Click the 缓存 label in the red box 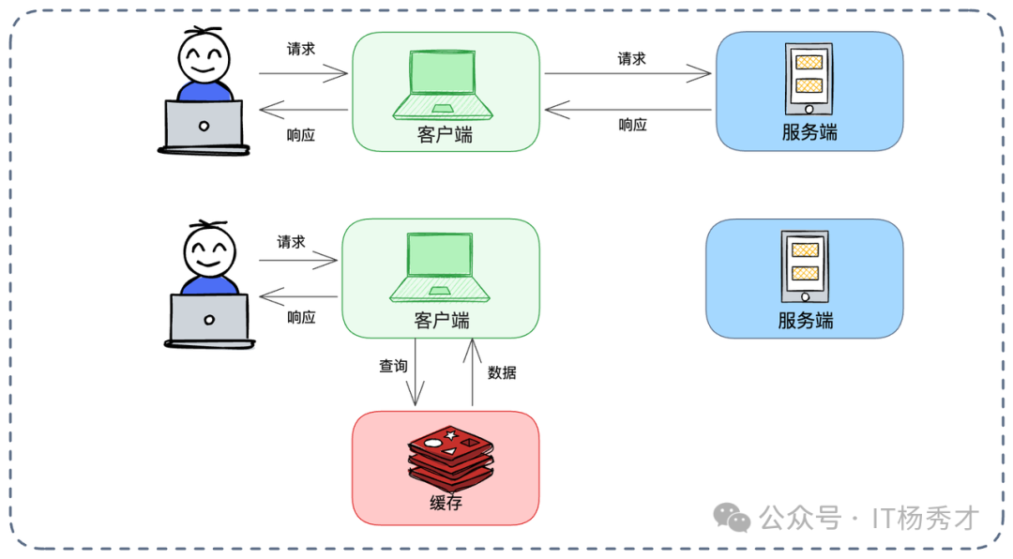(446, 504)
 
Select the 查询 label (393, 366)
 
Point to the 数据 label (502, 372)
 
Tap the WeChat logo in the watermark (732, 517)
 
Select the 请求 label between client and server (631, 58)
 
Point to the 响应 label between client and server (632, 125)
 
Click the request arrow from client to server (627, 73)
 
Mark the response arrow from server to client (627, 110)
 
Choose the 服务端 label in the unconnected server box (805, 320)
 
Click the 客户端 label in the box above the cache (442, 321)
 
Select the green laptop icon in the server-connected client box (445, 83)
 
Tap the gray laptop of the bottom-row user (208, 318)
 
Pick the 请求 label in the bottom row (291, 242)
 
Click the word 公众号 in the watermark (799, 517)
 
